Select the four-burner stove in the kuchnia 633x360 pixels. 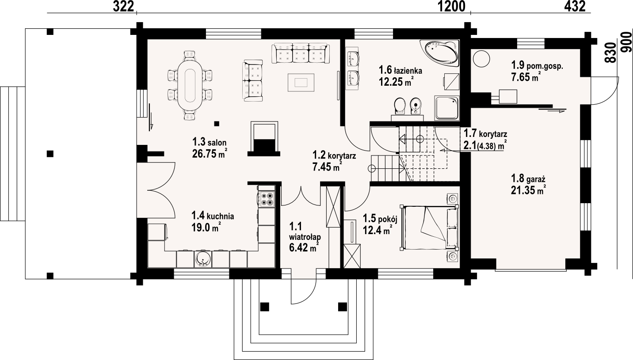tap(267, 199)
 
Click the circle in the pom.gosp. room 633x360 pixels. tap(481, 57)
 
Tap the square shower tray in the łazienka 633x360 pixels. tap(447, 108)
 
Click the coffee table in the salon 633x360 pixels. tap(301, 82)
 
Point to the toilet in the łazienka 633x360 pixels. tap(399, 106)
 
